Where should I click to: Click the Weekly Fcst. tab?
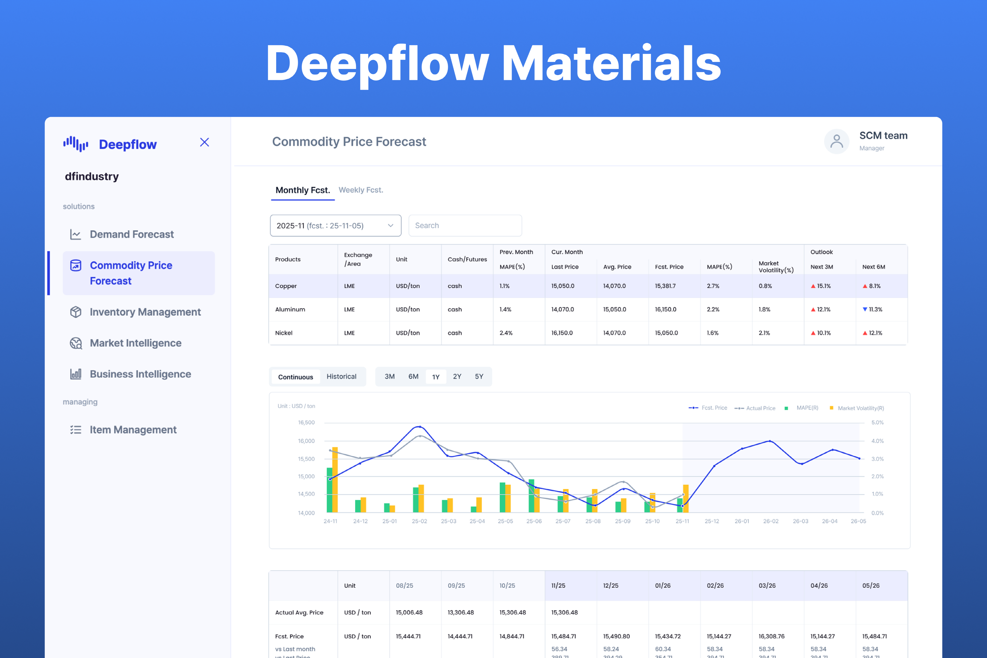[x=360, y=190]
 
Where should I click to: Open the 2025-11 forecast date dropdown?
[x=335, y=226]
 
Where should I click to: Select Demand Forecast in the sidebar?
[x=131, y=234]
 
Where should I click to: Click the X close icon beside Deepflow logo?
[x=204, y=143]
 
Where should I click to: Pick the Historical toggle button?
[x=341, y=377]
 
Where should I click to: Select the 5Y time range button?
[x=479, y=377]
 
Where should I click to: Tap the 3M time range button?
[x=389, y=377]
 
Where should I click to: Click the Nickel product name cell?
[x=284, y=333]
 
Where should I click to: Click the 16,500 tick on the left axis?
[x=306, y=423]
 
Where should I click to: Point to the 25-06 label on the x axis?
[x=534, y=521]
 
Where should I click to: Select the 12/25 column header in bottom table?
[x=610, y=585]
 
